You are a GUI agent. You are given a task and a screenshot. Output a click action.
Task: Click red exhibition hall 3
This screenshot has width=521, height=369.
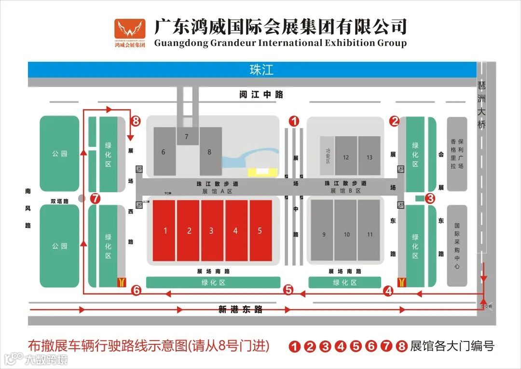point(211,230)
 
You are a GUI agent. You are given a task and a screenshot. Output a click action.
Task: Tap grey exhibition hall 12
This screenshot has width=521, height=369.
point(346,156)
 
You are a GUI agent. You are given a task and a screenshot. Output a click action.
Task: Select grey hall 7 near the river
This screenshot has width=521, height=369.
point(187,137)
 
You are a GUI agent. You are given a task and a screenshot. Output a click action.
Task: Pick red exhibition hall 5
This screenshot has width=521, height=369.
point(260,230)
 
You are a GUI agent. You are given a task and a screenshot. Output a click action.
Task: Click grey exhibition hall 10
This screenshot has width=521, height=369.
point(346,234)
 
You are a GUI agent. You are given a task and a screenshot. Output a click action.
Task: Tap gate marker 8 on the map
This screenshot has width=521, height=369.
point(136,121)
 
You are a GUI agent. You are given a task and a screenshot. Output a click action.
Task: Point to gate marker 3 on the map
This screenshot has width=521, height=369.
point(430,198)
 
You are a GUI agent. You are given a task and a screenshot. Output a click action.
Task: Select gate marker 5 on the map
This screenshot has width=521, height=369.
point(288,290)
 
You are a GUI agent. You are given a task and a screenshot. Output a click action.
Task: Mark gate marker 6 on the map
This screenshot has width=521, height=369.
point(137,290)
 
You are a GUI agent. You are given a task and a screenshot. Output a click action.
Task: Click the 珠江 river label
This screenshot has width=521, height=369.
point(261,70)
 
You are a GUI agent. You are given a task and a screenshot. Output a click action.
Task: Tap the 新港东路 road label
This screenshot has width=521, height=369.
point(240,310)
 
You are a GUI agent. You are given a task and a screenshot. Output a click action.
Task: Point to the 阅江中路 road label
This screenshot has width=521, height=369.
point(261,95)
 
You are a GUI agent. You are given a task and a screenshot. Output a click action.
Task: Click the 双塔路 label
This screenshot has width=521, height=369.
point(59,201)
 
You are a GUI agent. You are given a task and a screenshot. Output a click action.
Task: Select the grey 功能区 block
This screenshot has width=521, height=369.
point(328,156)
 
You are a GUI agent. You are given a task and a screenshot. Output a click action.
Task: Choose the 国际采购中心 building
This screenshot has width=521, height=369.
point(457,245)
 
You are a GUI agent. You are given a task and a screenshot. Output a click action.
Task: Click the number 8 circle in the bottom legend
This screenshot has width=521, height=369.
point(401,346)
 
